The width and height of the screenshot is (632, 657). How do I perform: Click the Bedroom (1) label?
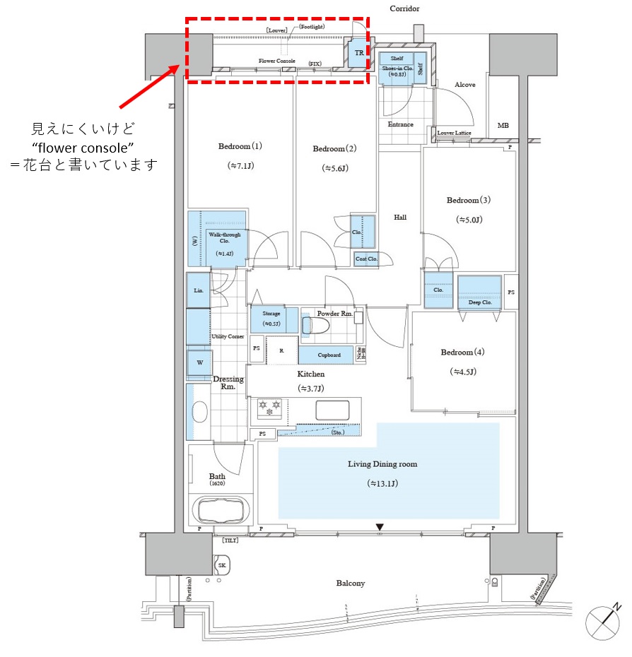[240, 146]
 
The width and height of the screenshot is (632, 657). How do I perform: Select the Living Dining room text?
[382, 464]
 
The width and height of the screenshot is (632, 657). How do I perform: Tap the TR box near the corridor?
[359, 53]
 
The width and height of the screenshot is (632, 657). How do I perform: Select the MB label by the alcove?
[503, 125]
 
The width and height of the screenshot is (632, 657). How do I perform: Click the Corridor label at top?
[404, 8]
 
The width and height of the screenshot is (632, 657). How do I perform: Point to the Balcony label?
[350, 583]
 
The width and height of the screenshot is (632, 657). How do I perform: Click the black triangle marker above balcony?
[380, 527]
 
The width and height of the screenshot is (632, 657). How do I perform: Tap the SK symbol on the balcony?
[221, 565]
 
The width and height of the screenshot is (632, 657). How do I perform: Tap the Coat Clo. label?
[366, 259]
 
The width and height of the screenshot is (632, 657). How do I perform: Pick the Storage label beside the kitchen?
[271, 313]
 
